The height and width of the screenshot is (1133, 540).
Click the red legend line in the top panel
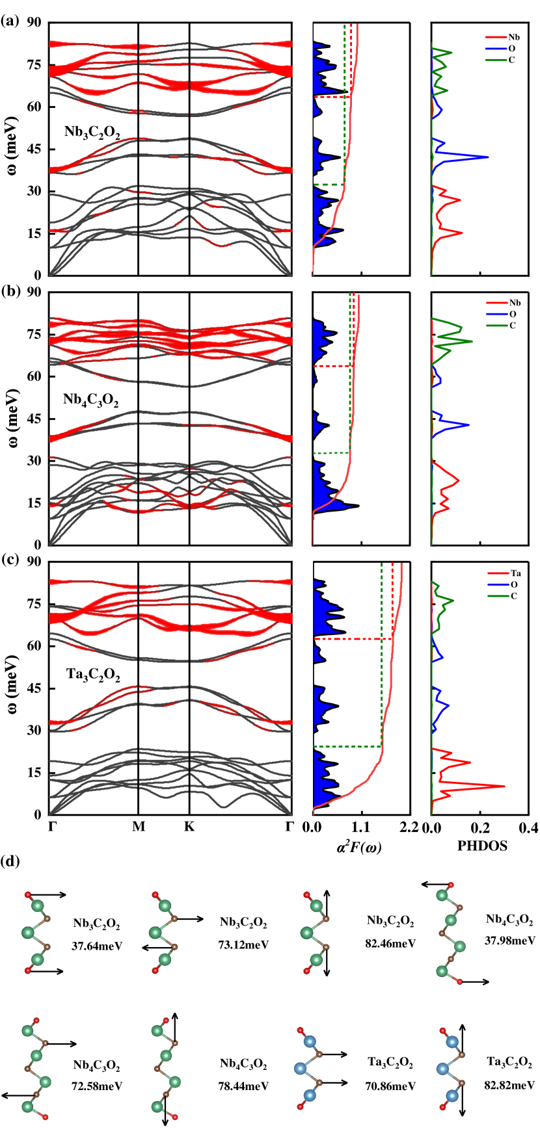tap(496, 38)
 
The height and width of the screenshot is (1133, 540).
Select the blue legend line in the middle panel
tap(496, 314)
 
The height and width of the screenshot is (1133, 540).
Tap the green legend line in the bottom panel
tap(498, 596)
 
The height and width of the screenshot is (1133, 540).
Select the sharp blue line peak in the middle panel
tap(467, 425)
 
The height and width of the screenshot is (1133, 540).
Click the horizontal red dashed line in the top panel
tap(332, 97)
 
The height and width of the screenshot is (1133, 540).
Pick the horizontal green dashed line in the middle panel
tap(331, 453)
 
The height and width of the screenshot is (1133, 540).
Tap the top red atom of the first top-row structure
tap(28, 895)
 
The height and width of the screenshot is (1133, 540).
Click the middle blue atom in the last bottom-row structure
tap(443, 1068)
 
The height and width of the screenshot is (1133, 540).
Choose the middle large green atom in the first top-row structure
tap(28, 933)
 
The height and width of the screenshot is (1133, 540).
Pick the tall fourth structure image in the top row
tap(451, 933)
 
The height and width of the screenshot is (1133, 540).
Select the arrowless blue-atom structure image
tap(308, 1068)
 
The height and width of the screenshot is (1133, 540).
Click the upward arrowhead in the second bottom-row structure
tap(174, 1019)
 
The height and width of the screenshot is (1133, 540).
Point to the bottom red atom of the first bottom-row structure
tap(46, 1117)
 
